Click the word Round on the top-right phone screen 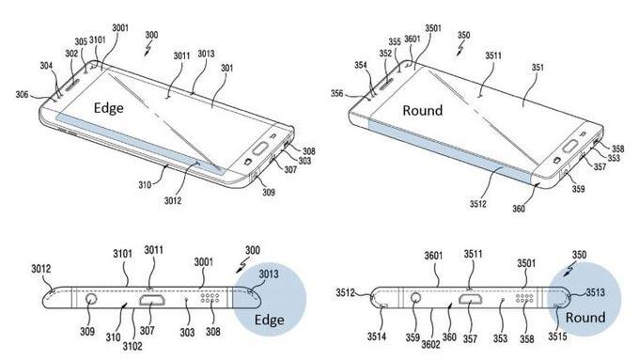422,110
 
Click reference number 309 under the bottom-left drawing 91,332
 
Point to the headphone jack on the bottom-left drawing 91,301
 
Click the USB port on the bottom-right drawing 471,302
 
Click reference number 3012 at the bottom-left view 41,271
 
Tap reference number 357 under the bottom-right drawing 470,332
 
